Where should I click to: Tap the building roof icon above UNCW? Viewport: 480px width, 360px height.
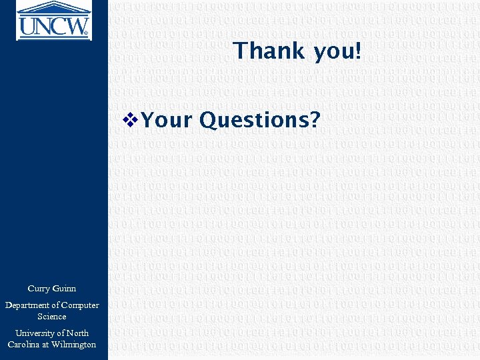(53, 8)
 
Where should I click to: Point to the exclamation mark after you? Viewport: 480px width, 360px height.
(359, 51)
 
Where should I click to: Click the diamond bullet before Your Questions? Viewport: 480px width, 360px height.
(131, 120)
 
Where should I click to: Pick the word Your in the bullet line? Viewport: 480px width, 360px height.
(167, 120)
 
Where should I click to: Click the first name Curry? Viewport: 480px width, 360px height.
(38, 289)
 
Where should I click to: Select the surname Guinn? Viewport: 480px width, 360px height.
(64, 289)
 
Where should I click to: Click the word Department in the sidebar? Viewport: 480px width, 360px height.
(27, 305)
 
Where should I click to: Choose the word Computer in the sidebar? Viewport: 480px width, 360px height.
(80, 305)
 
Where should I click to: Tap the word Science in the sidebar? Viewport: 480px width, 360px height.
(52, 317)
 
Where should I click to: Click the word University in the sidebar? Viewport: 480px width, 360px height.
(33, 333)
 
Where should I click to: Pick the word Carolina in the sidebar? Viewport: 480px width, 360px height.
(25, 345)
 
